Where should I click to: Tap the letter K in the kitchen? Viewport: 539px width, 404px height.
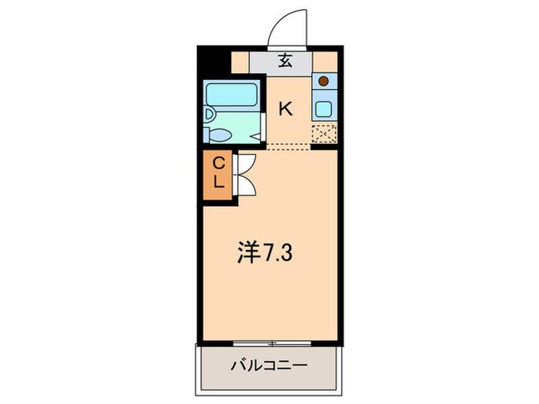tap(285, 109)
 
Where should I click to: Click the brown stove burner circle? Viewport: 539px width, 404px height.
tap(324, 80)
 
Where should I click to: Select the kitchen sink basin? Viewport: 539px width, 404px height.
tap(324, 108)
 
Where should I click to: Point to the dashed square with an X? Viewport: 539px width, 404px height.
tap(323, 134)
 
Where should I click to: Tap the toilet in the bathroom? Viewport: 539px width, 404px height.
tap(219, 135)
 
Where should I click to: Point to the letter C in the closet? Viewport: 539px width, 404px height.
tap(218, 163)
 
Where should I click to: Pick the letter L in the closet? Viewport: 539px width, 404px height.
tap(218, 183)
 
